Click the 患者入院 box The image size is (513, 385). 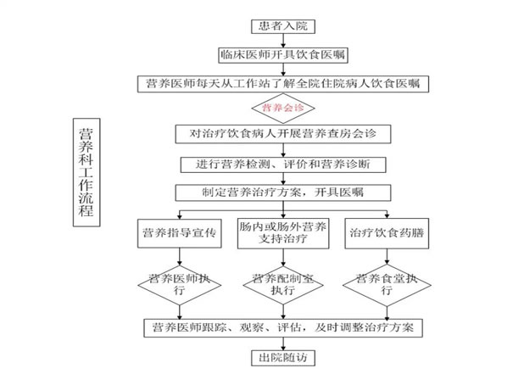(x=283, y=26)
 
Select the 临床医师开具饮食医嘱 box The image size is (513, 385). (x=283, y=55)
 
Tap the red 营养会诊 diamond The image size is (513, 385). (x=283, y=108)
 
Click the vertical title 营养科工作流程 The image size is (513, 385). (x=86, y=172)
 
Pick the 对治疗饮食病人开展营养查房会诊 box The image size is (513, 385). (x=283, y=134)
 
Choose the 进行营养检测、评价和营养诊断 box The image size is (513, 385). (x=283, y=165)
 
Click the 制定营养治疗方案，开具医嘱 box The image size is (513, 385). (x=283, y=192)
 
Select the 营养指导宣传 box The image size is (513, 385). (x=179, y=233)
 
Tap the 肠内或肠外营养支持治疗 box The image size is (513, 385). (x=283, y=233)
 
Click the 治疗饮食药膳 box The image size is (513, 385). (x=387, y=233)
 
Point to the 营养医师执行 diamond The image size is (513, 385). (x=179, y=285)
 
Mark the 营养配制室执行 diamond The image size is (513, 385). (x=283, y=285)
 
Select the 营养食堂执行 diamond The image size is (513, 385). (x=387, y=285)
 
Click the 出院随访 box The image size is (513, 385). (x=283, y=358)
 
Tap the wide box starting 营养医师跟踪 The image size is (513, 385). (x=283, y=328)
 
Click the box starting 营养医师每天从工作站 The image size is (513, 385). (x=283, y=84)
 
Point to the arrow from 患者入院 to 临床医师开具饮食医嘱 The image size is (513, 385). (x=283, y=41)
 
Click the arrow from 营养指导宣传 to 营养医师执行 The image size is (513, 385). (x=179, y=256)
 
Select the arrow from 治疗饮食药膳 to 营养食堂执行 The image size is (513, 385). (x=387, y=256)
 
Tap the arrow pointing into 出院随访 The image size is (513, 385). (x=283, y=343)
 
